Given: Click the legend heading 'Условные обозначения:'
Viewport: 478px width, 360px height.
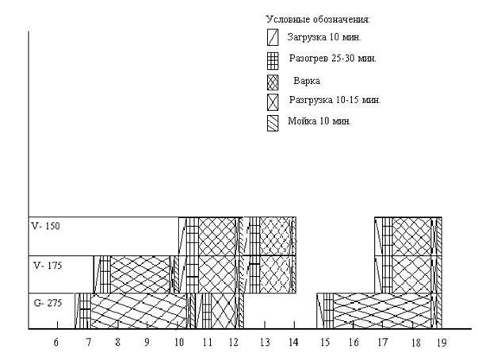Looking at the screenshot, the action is [x=318, y=20].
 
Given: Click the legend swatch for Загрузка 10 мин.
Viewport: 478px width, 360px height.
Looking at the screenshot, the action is [x=273, y=37].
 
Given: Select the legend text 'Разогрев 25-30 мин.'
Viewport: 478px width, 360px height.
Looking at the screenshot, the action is [x=333, y=58].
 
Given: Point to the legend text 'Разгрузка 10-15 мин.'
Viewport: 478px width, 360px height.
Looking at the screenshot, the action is [x=335, y=100].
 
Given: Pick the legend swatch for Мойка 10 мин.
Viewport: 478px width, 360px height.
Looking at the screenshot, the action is [x=273, y=123].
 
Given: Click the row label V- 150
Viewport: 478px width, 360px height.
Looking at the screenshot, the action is [x=46, y=226].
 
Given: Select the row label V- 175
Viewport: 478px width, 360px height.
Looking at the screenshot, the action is [x=48, y=266].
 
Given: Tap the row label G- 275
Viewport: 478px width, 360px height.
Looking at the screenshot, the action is [x=48, y=303].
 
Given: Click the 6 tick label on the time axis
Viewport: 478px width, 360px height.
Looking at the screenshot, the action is [x=55, y=343].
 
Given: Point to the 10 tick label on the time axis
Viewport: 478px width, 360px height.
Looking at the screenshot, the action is [x=179, y=343].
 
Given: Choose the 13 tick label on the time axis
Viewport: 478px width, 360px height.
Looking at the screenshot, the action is [x=265, y=343].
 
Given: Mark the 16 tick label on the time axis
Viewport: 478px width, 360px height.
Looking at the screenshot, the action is [x=354, y=343].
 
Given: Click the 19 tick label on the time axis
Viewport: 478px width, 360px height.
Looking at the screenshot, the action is [x=442, y=343].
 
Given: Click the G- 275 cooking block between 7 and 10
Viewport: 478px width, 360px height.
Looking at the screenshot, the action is [x=139, y=311].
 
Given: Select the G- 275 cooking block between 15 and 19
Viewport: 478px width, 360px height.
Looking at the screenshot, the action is [x=383, y=311].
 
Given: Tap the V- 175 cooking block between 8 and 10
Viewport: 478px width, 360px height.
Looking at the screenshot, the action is [x=140, y=274].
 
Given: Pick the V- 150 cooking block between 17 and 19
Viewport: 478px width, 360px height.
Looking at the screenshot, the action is [x=412, y=236].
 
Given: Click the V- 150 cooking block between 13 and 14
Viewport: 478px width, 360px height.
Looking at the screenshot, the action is [x=275, y=236].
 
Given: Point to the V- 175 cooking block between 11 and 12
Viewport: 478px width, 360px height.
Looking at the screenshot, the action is [x=217, y=274].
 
